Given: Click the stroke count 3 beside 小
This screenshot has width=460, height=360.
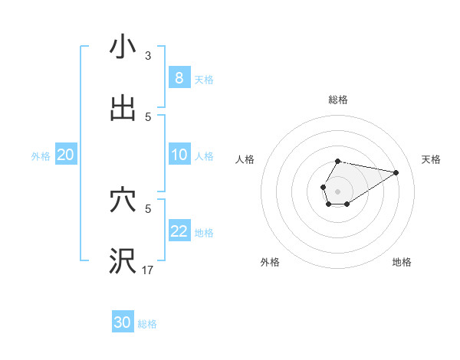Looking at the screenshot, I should coord(148,56).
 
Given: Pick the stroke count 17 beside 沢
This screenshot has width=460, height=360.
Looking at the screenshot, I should coord(148,270).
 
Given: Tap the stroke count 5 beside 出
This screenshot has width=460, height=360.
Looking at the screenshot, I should coord(148,116).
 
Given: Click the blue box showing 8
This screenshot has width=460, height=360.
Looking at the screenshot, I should coord(179,78).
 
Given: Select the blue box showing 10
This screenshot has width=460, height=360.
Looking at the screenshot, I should coord(179,155).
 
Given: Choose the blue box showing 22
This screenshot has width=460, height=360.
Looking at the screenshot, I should coord(179,231).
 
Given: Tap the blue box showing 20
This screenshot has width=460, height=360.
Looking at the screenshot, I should coord(66,155).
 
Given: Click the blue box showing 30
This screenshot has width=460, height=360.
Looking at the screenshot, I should coord(123,322).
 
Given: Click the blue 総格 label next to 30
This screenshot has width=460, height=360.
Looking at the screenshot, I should coord(147,324).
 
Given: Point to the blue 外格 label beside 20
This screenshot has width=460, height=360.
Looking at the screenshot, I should coord(41,156).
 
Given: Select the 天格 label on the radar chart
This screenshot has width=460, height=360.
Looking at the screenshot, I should coord(431,159).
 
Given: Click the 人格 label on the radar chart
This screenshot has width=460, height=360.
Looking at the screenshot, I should coord(245,159).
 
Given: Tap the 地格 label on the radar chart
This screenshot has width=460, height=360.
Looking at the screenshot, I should coord(402,262).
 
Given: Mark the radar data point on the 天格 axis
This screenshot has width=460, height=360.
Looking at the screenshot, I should coord(396,172).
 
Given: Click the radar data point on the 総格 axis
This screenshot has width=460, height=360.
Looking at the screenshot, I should coord(337,162).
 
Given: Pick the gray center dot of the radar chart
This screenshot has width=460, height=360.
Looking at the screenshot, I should coord(337,190).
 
